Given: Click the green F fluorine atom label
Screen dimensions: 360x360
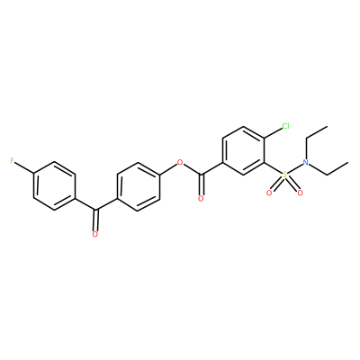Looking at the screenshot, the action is (12, 161).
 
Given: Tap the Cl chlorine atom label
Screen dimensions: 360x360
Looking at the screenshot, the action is (285, 126).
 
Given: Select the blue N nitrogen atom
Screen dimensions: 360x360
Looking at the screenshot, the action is (306, 162).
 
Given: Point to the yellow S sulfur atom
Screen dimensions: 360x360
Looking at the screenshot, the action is (284, 175).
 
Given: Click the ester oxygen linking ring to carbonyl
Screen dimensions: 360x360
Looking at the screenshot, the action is (180, 163).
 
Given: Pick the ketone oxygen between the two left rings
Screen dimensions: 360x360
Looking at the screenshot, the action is (95, 234).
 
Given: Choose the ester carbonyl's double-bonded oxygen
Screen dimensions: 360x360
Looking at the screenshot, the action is (201, 198).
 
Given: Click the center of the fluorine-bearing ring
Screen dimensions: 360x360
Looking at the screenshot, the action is (54, 186).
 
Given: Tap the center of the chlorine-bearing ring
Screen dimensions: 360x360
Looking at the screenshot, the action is (244, 150).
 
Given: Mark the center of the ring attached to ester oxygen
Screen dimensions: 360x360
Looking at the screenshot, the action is (138, 186).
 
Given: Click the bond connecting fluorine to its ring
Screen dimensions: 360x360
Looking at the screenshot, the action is (24, 168).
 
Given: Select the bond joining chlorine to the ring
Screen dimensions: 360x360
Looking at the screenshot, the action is (273, 133).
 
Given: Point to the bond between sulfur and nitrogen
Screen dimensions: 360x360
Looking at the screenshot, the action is (295, 168).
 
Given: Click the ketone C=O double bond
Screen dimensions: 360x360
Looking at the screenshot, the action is (95, 220).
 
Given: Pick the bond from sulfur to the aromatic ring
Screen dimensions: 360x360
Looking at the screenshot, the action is (273, 168).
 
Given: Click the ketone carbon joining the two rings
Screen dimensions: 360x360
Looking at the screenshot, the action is (95, 210).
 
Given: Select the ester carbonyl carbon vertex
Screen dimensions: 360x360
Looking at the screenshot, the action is (202, 175).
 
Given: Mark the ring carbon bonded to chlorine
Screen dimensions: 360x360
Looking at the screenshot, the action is (265, 139).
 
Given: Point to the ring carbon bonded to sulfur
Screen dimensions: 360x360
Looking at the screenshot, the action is (265, 162).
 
